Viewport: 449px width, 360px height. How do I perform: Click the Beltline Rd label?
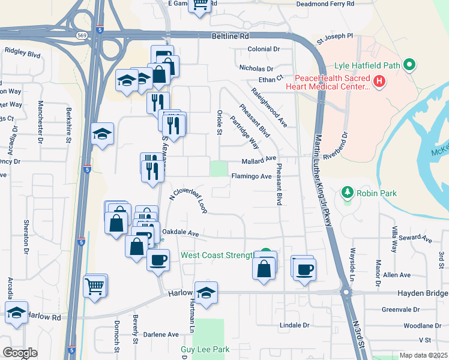(230, 36)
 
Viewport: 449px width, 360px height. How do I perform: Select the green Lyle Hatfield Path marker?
(410, 64)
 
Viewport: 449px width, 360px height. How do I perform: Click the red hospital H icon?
(379, 82)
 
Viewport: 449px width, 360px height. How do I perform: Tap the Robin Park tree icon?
(346, 193)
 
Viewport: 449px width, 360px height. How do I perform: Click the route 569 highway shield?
(80, 36)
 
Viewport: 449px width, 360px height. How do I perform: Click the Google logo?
(19, 353)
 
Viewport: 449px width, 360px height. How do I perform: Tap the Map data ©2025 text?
(423, 355)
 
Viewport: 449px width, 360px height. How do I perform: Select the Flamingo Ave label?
(252, 177)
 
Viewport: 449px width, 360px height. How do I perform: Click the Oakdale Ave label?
(180, 233)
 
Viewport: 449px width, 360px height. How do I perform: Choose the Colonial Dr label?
(264, 49)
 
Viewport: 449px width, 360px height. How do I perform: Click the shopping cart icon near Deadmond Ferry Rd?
(201, 5)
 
